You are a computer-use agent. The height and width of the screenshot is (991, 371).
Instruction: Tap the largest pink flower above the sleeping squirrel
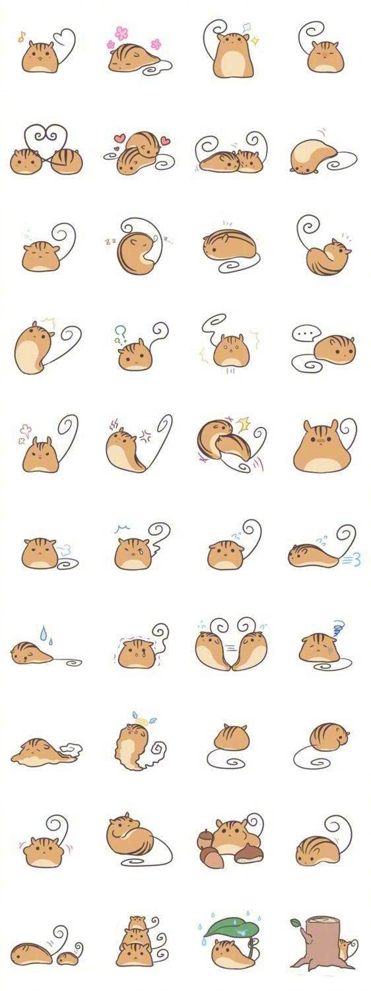tap(121, 33)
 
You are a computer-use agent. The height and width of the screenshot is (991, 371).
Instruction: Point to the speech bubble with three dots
tap(304, 334)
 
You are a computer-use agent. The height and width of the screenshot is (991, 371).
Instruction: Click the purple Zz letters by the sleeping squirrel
tap(110, 240)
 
